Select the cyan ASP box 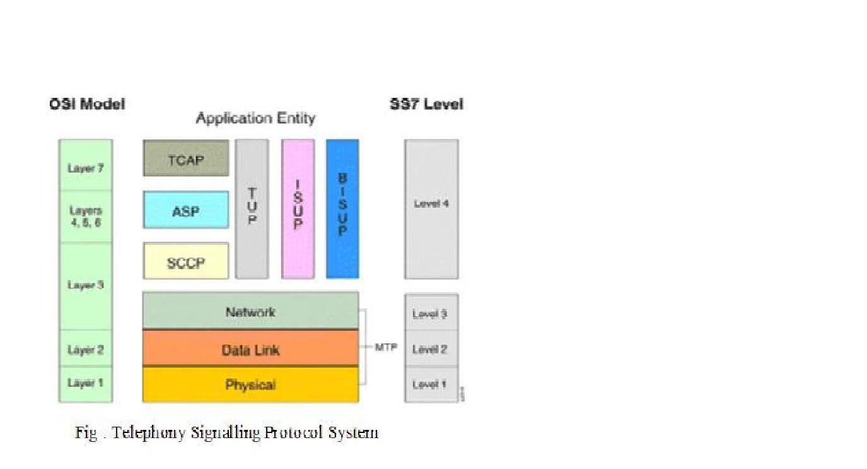[186, 210]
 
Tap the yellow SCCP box [186, 261]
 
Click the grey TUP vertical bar [252, 209]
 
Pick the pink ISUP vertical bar [298, 209]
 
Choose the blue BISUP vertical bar [342, 209]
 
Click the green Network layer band [250, 311]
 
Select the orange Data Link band [250, 349]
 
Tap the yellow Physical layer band [250, 384]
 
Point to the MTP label [385, 347]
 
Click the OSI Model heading [87, 104]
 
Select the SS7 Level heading [426, 104]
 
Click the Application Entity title [255, 118]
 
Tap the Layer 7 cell [86, 168]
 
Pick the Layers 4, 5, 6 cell [86, 217]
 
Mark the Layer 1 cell [86, 383]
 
